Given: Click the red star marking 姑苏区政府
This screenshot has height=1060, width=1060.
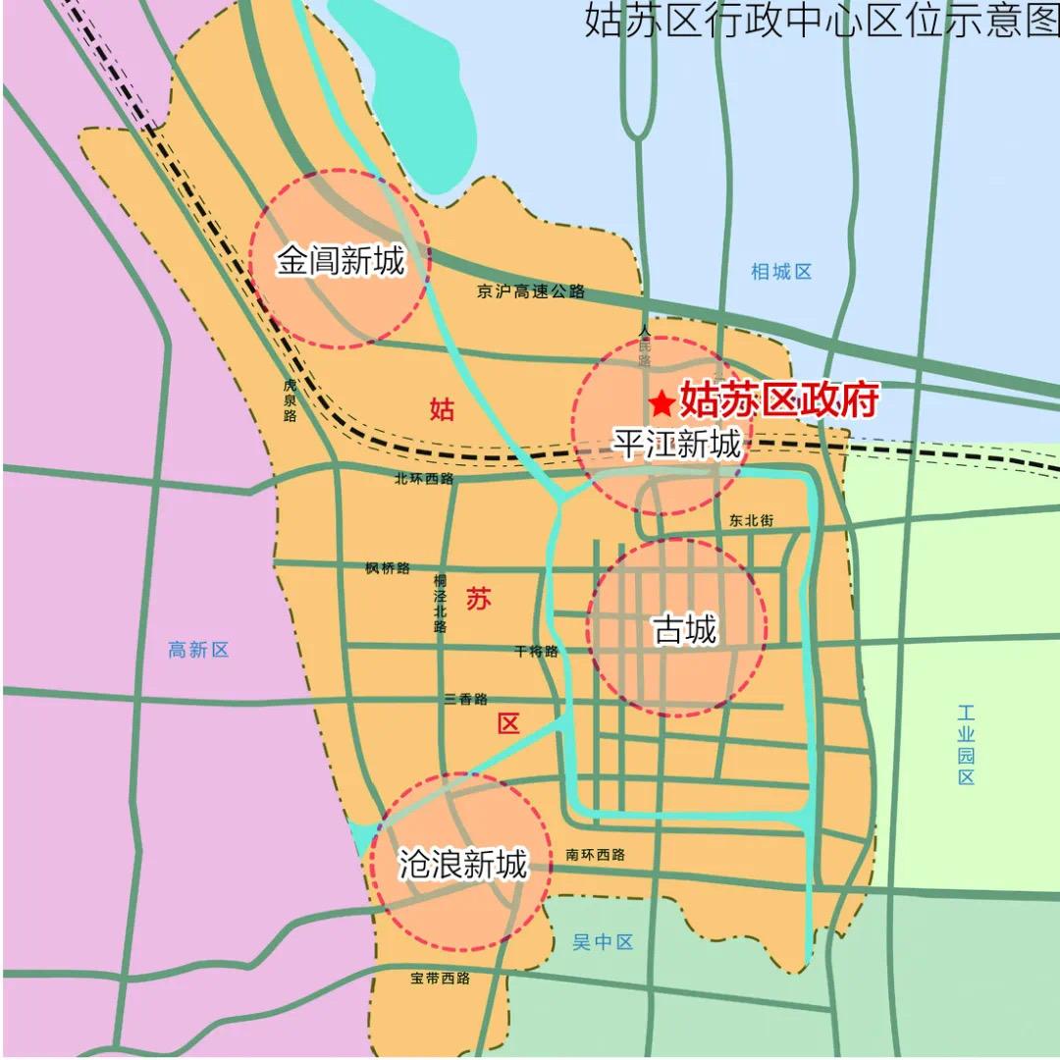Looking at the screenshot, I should (x=662, y=402).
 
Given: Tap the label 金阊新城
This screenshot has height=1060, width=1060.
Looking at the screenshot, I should (x=340, y=261).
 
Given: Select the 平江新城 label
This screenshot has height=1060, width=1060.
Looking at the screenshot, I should (x=677, y=445).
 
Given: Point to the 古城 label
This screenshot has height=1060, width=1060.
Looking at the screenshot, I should (x=685, y=629).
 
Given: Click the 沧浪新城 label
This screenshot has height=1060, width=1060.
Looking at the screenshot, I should (x=462, y=864).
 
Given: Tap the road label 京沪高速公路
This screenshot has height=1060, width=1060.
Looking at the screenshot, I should (x=531, y=291).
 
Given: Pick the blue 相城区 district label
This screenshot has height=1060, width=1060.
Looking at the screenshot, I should (x=781, y=272).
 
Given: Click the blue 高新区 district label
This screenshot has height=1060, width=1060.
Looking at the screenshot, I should (x=198, y=649).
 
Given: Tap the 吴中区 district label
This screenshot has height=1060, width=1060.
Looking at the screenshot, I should (x=603, y=942).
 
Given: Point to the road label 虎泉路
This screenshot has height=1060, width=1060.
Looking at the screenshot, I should (x=290, y=400).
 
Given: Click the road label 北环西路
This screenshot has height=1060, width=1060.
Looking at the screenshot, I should (x=424, y=479).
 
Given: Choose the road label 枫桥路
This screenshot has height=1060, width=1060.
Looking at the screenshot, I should (x=387, y=568).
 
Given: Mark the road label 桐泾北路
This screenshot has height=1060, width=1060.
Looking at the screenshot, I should (x=440, y=603).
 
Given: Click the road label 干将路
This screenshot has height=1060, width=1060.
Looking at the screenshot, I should (x=536, y=651).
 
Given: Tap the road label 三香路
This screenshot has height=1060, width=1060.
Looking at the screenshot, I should (x=465, y=699).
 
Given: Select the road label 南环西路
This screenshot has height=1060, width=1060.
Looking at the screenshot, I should (x=595, y=854).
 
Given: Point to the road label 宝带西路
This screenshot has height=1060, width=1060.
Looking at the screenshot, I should (x=441, y=978).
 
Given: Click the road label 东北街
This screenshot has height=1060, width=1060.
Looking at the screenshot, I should (x=752, y=520).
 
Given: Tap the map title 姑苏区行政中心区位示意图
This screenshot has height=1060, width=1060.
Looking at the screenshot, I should (x=821, y=20).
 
